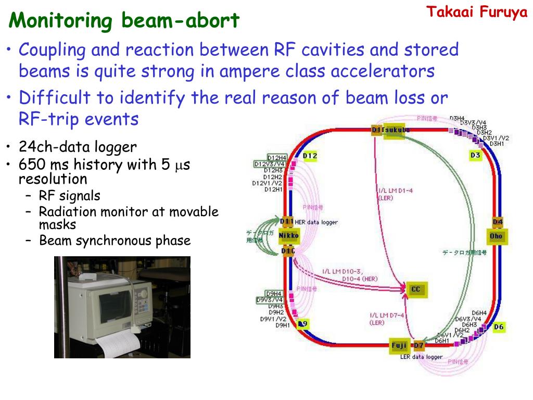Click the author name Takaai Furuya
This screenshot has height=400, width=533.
477,12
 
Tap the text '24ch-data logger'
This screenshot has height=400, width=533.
78,147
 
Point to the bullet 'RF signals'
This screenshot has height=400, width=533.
69,196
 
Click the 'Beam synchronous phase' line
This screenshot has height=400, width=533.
115,241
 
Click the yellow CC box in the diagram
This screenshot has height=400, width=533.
415,289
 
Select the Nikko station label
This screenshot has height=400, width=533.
289,236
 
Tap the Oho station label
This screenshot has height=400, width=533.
497,236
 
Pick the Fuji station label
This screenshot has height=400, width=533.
399,345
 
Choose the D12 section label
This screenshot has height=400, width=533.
310,156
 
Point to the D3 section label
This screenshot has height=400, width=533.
475,155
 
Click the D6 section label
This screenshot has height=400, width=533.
499,327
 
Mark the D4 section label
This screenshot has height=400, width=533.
498,222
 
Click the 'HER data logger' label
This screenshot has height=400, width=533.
316,222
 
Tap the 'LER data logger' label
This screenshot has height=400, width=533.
421,357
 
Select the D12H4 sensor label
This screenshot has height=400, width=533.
276,157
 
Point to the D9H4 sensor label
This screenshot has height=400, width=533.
274,294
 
